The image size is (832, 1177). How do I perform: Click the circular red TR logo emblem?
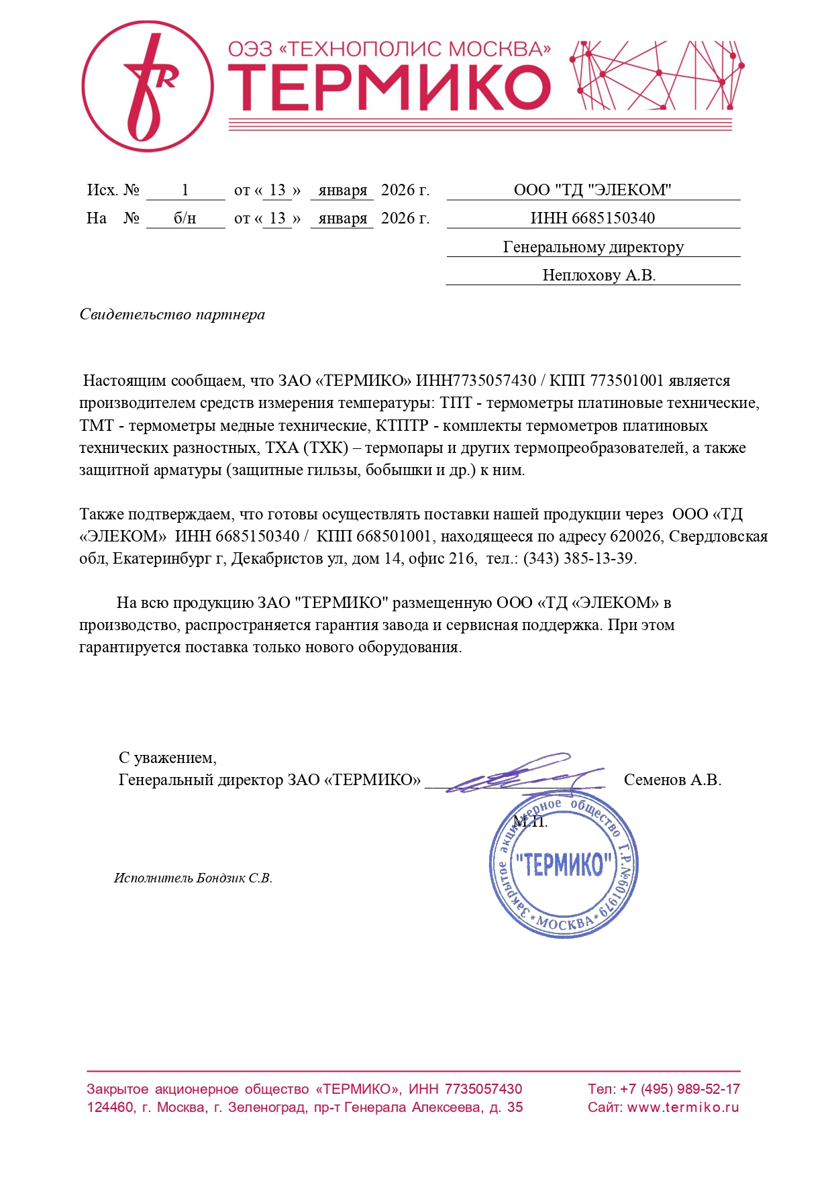[x=148, y=86]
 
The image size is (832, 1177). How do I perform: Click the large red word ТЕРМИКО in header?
[x=389, y=88]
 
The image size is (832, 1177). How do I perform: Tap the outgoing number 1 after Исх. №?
[x=185, y=191]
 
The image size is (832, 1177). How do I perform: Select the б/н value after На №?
[x=185, y=219]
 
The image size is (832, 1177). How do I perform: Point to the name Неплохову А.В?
[x=599, y=275]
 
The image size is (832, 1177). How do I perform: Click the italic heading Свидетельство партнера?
[x=172, y=315]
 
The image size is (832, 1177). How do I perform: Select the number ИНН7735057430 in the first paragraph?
[x=476, y=381]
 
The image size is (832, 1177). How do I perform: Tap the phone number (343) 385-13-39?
[x=579, y=558]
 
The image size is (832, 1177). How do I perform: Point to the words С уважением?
[x=167, y=758]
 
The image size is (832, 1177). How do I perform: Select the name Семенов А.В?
[x=672, y=780]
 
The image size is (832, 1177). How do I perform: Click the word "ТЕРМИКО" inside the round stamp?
[x=564, y=865]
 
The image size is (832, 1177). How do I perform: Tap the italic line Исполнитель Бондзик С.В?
[x=193, y=878]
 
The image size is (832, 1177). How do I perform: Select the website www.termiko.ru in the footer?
[x=683, y=1107]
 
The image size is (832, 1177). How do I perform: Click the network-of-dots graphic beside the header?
[x=657, y=75]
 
